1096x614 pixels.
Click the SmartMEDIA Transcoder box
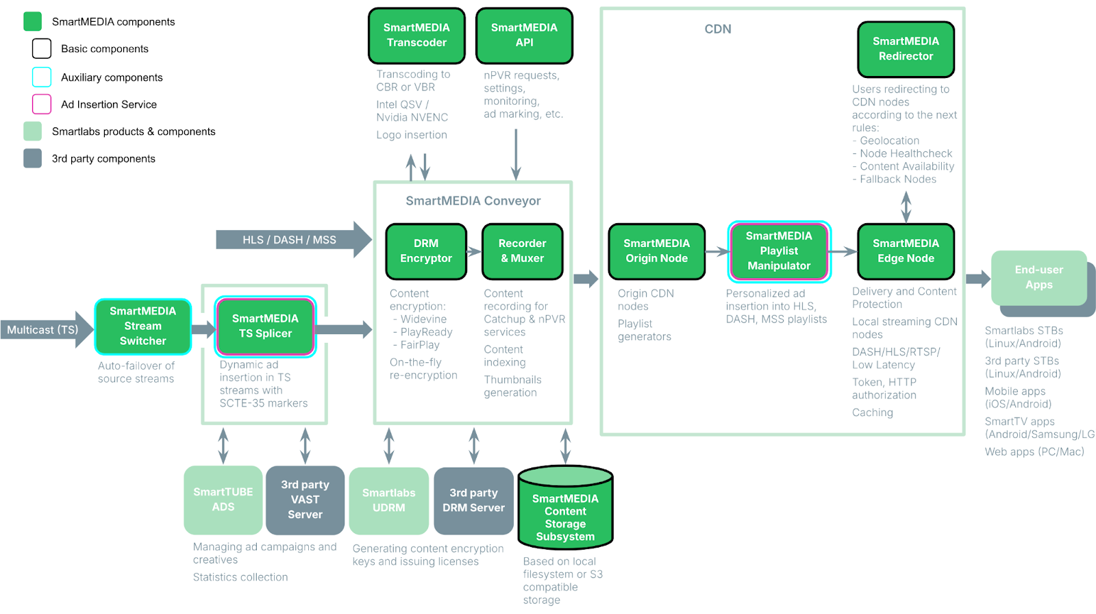[416, 36]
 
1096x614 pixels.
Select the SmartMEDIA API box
[524, 36]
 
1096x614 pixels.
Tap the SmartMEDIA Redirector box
[906, 49]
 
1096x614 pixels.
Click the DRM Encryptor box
[426, 251]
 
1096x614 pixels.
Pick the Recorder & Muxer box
[522, 251]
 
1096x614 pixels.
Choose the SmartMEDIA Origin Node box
[656, 251]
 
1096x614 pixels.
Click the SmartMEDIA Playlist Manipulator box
[779, 251]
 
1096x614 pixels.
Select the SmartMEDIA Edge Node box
[906, 251]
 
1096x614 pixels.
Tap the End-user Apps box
[1038, 278]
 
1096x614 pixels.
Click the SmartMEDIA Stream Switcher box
[142, 327]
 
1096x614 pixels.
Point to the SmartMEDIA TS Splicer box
[265, 327]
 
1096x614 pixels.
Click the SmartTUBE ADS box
[223, 500]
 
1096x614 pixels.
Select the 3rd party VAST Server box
[305, 500]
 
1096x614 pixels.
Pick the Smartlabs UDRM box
[388, 500]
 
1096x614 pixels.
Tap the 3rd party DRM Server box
[473, 500]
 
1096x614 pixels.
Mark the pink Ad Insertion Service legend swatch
[42, 104]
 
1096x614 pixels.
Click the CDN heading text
[718, 29]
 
